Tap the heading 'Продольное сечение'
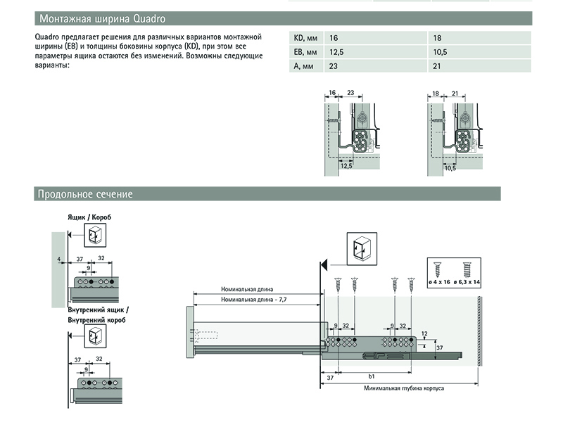[85, 194]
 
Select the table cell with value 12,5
[337, 52]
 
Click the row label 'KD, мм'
[305, 38]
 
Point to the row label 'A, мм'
[303, 66]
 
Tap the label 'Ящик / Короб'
[90, 217]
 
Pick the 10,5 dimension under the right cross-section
[451, 169]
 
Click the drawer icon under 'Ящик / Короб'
[94, 236]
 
